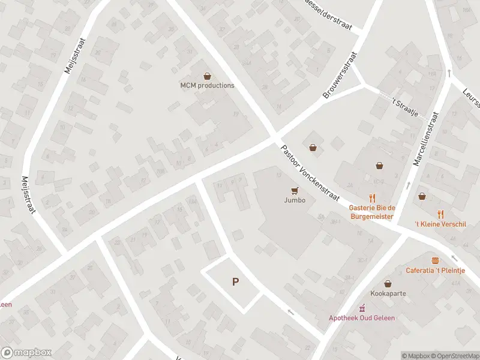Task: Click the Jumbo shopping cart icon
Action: [x=294, y=191]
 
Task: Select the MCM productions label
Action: [x=208, y=85]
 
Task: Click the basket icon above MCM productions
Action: [x=208, y=76]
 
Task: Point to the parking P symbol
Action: [x=236, y=281]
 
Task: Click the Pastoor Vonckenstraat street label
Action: [x=310, y=173]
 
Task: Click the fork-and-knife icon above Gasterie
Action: [x=372, y=197]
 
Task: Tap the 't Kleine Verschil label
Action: [x=440, y=224]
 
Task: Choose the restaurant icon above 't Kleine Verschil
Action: [x=441, y=213]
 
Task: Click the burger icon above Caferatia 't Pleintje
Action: [x=435, y=260]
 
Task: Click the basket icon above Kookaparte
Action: [x=388, y=283]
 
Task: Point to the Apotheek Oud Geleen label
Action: [x=362, y=318]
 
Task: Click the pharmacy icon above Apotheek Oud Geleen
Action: [x=362, y=307]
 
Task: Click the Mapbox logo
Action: [x=26, y=353]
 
